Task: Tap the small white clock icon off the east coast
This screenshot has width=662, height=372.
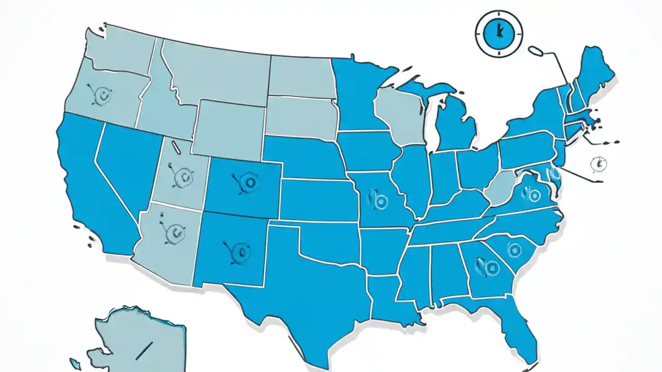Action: tap(598, 164)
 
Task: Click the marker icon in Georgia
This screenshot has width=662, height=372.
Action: tap(489, 267)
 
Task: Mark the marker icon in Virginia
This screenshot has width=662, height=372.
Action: tap(531, 193)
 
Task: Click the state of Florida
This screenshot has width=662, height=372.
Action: tap(512, 326)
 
